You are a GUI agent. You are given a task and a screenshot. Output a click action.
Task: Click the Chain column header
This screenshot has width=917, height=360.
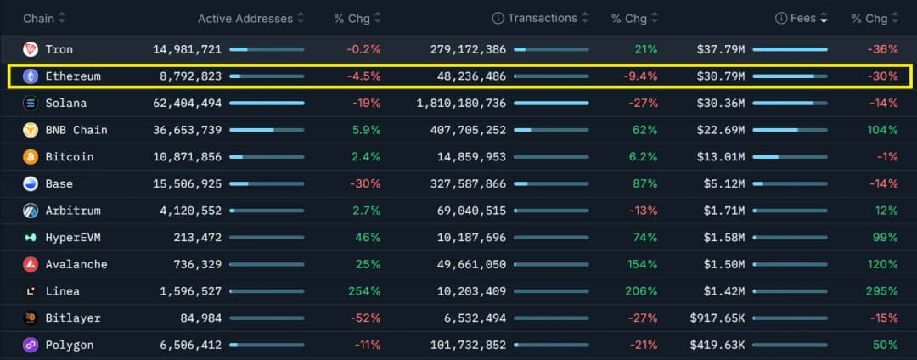[39, 19]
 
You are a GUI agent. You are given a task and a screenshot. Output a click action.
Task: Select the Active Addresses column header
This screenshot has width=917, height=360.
[245, 19]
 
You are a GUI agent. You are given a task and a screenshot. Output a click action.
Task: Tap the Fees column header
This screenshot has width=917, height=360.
[802, 19]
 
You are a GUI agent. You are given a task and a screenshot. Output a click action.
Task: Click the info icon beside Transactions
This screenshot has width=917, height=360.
[498, 19]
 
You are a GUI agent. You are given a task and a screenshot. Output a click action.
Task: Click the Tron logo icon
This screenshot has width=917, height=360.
[31, 49]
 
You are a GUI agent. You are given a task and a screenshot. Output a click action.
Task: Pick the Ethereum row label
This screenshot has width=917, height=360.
[73, 76]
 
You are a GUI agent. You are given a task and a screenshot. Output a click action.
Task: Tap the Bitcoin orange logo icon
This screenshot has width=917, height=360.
[31, 157]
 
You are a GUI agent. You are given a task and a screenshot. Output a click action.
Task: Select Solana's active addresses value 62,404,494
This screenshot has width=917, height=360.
[187, 104]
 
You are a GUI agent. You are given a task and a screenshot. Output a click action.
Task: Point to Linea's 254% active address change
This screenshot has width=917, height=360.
[364, 291]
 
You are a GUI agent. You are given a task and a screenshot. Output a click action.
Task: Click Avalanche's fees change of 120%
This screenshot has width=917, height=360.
[882, 264]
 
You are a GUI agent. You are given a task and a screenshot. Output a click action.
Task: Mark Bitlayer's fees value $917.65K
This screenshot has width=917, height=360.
[717, 318]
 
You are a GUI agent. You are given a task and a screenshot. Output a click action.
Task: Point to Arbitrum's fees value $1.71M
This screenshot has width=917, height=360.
[724, 211]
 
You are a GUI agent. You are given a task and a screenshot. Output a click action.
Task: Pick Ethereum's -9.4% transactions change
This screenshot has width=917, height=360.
[640, 76]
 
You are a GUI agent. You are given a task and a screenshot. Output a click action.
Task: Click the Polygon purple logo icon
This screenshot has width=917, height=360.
[31, 346]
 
